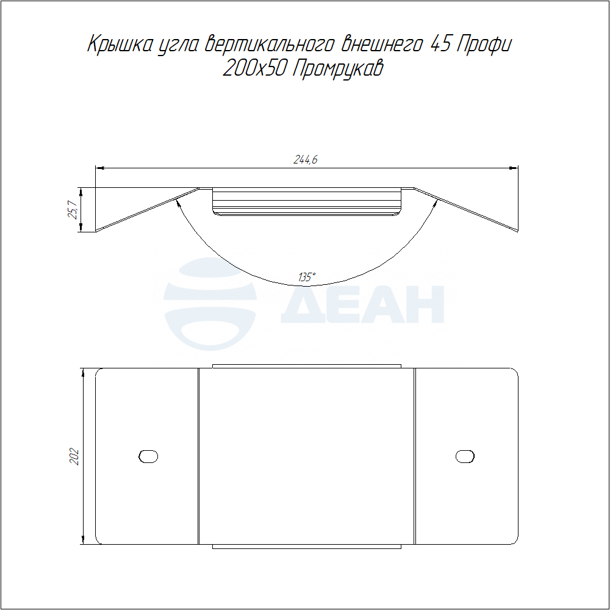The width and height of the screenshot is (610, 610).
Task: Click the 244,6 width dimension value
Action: (306, 159)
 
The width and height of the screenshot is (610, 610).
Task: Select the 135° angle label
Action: (307, 278)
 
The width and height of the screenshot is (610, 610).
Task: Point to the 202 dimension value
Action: (74, 457)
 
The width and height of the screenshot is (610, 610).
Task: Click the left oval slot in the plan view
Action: (148, 456)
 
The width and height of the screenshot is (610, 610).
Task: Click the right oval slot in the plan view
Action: (465, 456)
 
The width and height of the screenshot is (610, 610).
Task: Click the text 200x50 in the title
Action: (255, 68)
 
